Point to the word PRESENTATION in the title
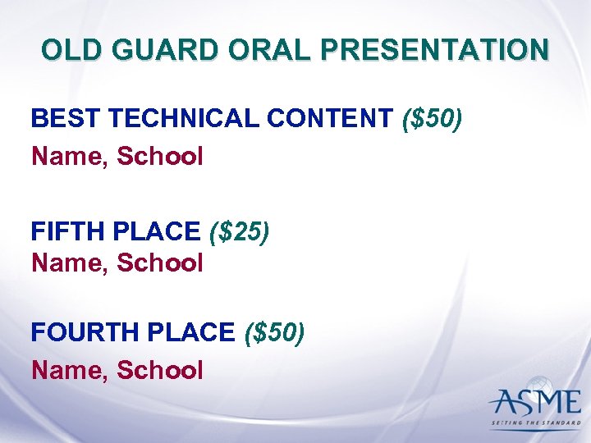[435, 50]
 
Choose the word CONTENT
[330, 119]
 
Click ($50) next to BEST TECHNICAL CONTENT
[433, 119]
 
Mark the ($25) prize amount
[239, 232]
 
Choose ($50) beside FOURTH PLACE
[274, 332]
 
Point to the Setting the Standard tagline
[534, 424]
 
